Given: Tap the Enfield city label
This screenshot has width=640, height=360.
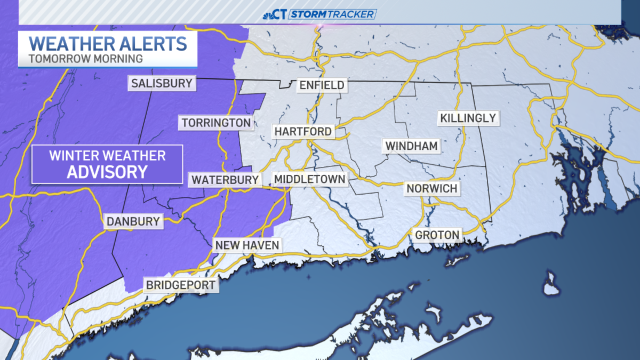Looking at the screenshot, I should pos(322,85).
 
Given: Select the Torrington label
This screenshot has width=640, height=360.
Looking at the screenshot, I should pos(216,123).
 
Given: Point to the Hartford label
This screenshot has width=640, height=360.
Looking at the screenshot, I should pos(303,131).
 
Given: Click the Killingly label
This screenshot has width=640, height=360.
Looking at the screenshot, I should pos(468,118).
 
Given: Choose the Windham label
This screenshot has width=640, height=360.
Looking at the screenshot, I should pos(412,146).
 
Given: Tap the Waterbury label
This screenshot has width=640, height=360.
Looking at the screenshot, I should pos(225,180).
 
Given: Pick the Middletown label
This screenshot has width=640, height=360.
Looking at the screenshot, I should pos(310,179).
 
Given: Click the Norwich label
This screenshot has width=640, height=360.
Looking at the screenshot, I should pos(432,188).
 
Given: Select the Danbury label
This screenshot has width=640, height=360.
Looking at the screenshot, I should pos(133,221).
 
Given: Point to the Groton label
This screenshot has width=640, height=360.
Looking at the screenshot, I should pos(437,235).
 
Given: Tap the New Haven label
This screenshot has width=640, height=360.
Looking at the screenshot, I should pos(247,245).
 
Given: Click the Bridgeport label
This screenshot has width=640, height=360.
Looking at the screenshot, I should pos(181,285).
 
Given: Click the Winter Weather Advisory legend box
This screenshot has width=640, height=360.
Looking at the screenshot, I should pos(107,164).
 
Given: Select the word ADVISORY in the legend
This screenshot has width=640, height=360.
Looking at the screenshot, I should pos(107,172).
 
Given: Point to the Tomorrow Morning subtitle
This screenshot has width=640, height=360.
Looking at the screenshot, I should pos(86,58).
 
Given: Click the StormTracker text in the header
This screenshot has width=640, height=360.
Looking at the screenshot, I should pos(332,14).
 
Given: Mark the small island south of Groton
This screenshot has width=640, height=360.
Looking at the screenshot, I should pos(551,283).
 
